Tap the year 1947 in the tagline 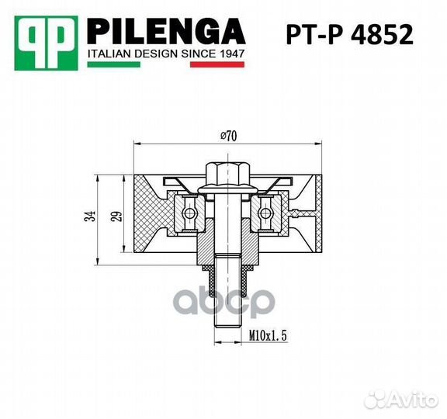tap(232, 56)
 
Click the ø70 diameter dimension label tap(227, 136)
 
